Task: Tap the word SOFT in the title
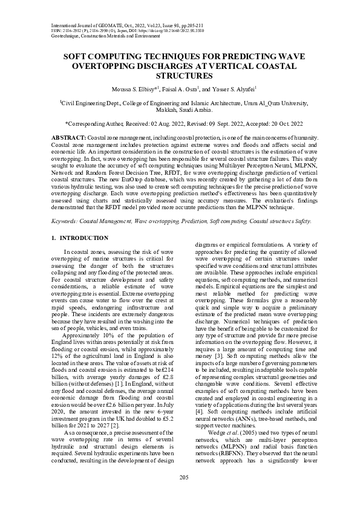[78, 55]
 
